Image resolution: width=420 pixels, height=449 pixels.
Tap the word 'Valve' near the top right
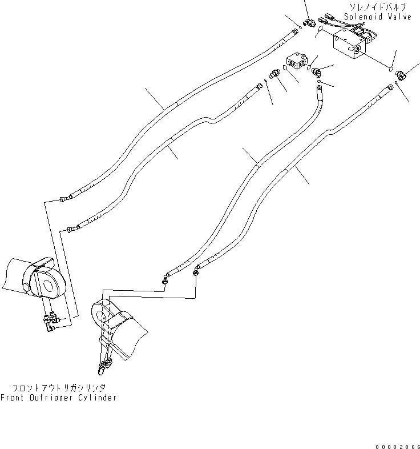coord(399,18)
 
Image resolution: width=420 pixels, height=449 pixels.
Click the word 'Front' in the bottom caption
coord(13,398)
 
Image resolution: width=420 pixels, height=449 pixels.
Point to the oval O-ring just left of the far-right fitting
coord(390,69)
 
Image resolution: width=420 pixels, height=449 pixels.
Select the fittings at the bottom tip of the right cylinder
coord(104,365)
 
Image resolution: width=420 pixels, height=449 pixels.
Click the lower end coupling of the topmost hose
coord(65,198)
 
